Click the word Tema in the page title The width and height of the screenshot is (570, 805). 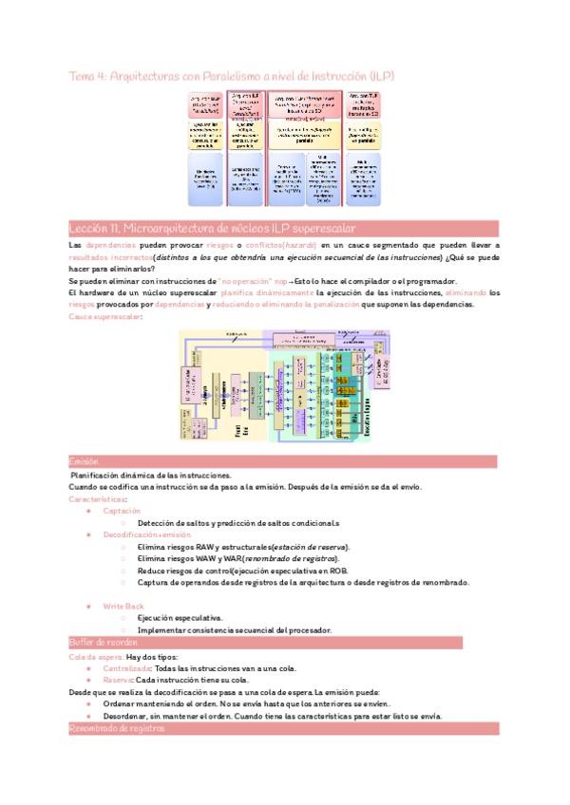83,75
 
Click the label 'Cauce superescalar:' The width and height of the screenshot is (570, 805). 104,316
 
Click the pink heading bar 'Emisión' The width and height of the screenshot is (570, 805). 85,461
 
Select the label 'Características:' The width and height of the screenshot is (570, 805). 99,498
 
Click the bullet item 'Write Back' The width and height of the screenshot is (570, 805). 124,605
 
